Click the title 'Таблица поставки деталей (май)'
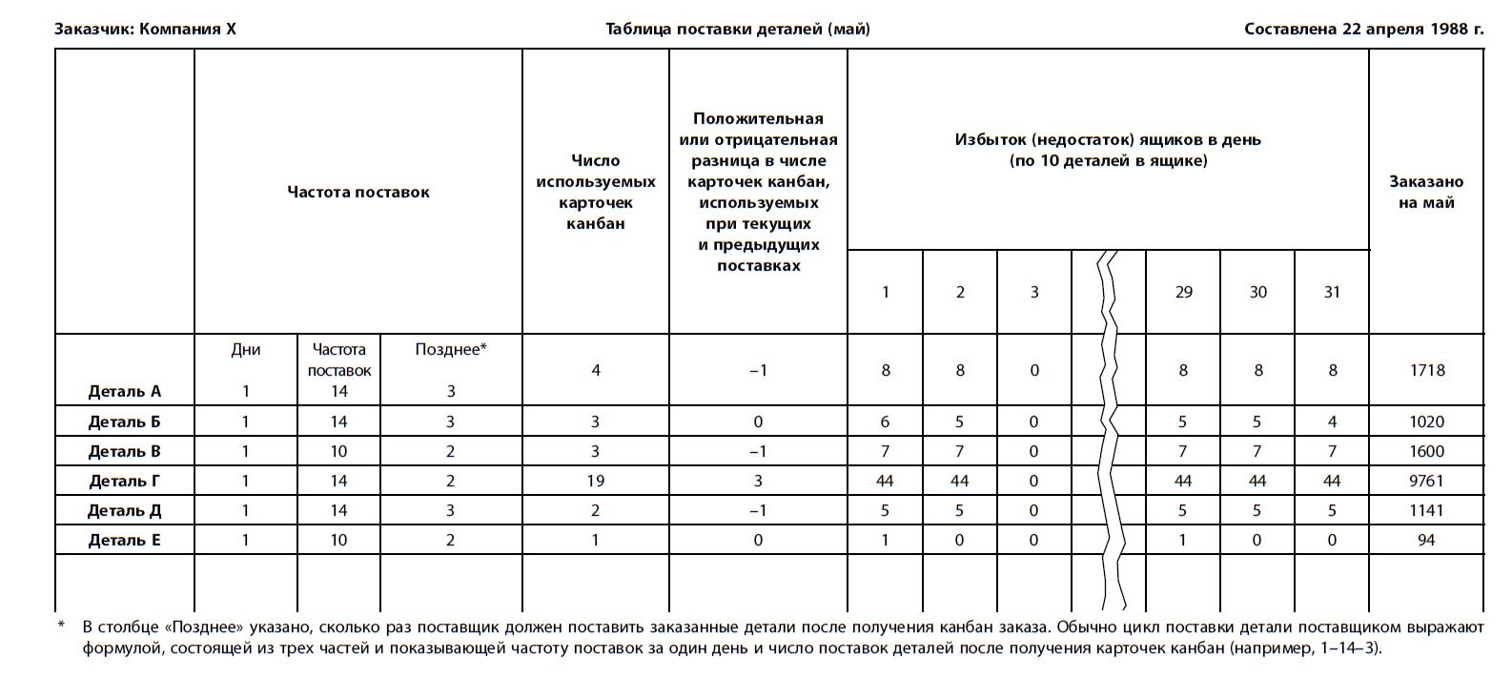(x=737, y=29)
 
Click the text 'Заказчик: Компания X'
(x=145, y=29)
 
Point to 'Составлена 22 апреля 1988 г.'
(x=1363, y=29)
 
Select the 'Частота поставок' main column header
(x=358, y=192)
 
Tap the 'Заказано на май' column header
(x=1425, y=192)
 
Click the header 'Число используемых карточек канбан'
(x=596, y=192)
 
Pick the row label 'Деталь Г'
(x=125, y=481)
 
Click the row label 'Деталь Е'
(x=125, y=540)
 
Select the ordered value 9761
(x=1426, y=481)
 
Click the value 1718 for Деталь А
(x=1427, y=370)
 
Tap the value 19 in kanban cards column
(x=596, y=481)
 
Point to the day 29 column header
(x=1183, y=292)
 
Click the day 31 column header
(x=1332, y=292)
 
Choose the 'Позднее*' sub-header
(x=451, y=349)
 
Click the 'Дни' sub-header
(x=246, y=349)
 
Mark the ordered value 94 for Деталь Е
(x=1426, y=540)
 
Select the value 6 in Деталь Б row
(x=885, y=422)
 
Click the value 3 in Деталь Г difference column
(x=758, y=481)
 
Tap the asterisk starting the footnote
(x=61, y=627)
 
